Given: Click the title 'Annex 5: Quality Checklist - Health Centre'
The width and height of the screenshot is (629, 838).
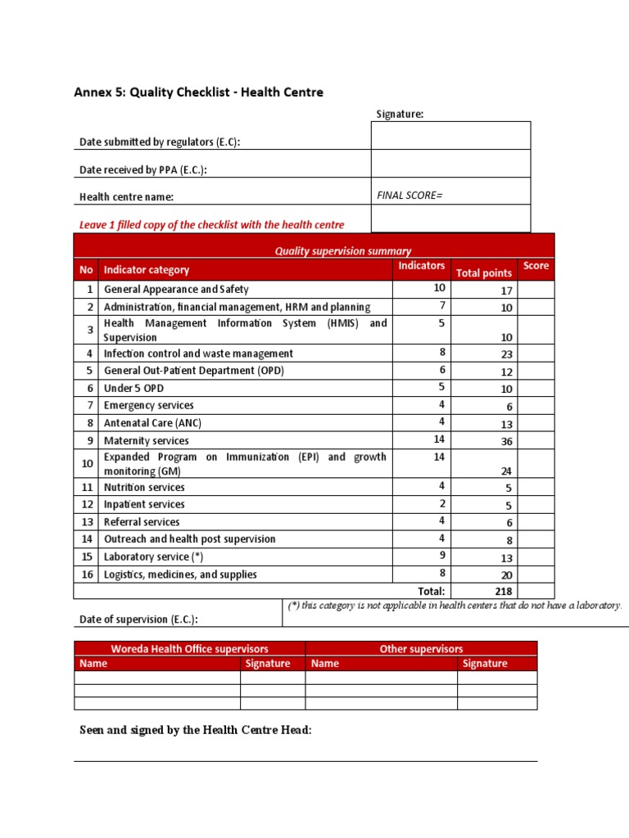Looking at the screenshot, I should (x=199, y=92).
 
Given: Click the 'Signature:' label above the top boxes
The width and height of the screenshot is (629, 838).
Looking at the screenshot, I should (x=400, y=115).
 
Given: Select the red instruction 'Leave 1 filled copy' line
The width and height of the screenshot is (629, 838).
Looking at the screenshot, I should (x=211, y=224).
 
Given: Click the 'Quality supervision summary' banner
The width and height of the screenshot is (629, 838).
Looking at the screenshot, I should (x=343, y=251).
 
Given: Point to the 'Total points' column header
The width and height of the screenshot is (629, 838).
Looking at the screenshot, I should (x=484, y=273).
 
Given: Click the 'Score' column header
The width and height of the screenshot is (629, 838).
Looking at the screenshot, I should (x=536, y=266).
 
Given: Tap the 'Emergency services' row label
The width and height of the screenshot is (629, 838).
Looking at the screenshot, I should (x=149, y=406).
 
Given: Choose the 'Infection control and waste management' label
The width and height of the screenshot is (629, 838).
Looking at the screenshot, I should (x=198, y=354).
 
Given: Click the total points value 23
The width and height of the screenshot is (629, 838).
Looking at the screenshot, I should (x=506, y=354).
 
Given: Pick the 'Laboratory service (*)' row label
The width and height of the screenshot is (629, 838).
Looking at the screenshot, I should (x=153, y=556).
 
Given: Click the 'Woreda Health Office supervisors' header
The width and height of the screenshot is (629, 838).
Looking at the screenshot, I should (x=190, y=649).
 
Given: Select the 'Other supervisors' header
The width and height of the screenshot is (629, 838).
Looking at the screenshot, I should (x=421, y=649).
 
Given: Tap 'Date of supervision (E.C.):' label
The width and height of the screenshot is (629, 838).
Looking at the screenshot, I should (x=138, y=619).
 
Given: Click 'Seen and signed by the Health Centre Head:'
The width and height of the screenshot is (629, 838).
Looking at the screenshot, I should (x=195, y=730).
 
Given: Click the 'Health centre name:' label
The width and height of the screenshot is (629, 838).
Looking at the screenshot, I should (x=126, y=197).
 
